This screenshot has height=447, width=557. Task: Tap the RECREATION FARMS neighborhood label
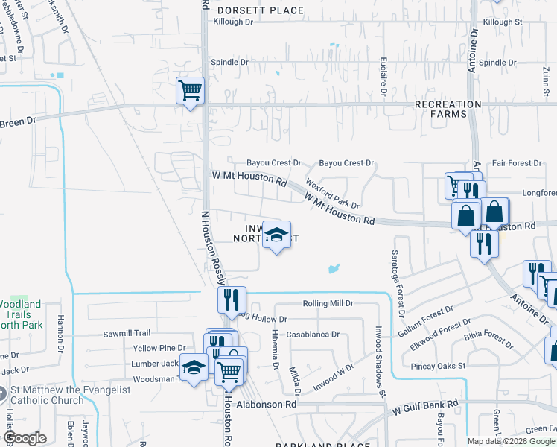pyautogui.click(x=448, y=109)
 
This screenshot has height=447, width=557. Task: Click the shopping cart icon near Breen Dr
pyautogui.click(x=190, y=91)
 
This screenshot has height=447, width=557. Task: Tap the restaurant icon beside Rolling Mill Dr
pyautogui.click(x=232, y=299)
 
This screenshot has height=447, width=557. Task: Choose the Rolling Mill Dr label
pyautogui.click(x=328, y=304)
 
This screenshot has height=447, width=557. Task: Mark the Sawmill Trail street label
pyautogui.click(x=127, y=333)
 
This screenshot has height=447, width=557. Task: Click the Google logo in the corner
pyautogui.click(x=24, y=438)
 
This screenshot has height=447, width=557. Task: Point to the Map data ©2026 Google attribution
pyautogui.click(x=511, y=441)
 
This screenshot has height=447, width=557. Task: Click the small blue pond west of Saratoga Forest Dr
pyautogui.click(x=334, y=267)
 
